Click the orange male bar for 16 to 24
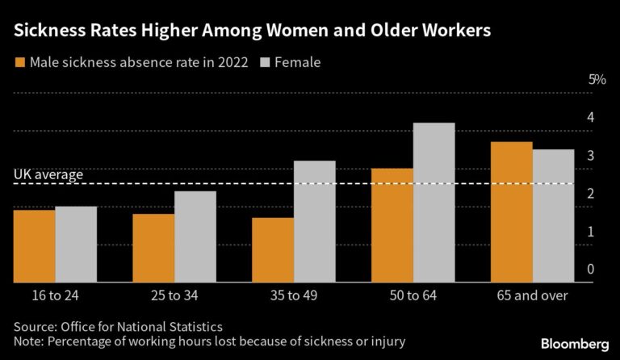[x=34, y=245]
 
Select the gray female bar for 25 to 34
[x=195, y=237]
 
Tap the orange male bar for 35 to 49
[x=273, y=249]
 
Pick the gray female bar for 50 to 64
[x=434, y=202]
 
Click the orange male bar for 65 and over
[x=512, y=211]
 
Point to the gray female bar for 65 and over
[x=553, y=216]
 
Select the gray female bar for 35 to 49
[x=315, y=221]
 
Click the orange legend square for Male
[x=19, y=62]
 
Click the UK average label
[x=48, y=174]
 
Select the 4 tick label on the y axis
[x=591, y=117]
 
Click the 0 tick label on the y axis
[x=591, y=269]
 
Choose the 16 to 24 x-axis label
[x=55, y=295]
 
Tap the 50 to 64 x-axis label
[x=413, y=295]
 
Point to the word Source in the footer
[x=33, y=326]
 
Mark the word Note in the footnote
[x=27, y=341]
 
